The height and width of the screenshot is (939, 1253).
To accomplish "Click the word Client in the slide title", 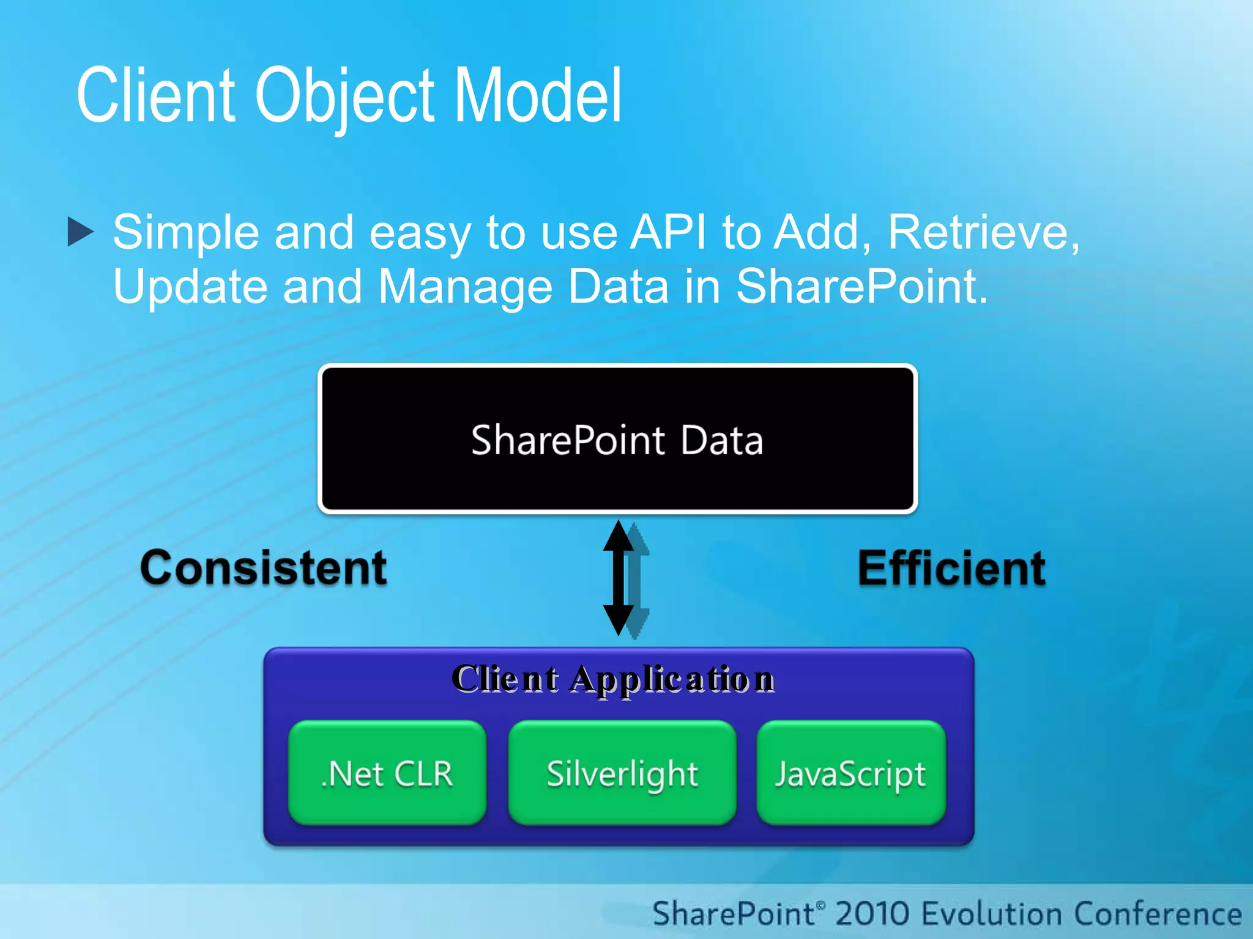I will tap(155, 97).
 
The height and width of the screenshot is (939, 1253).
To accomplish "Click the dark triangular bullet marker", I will tap(80, 232).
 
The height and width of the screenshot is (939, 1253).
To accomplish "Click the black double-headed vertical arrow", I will tap(619, 578).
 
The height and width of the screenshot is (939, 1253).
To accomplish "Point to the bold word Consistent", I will tap(264, 569).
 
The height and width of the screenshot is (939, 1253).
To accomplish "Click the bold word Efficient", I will tap(951, 569).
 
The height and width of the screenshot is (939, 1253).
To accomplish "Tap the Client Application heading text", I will tap(613, 679).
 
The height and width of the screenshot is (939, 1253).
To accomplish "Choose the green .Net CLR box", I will tap(387, 773).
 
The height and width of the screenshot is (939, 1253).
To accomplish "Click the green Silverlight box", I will tap(622, 773).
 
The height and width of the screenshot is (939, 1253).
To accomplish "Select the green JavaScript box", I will tap(850, 773).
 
